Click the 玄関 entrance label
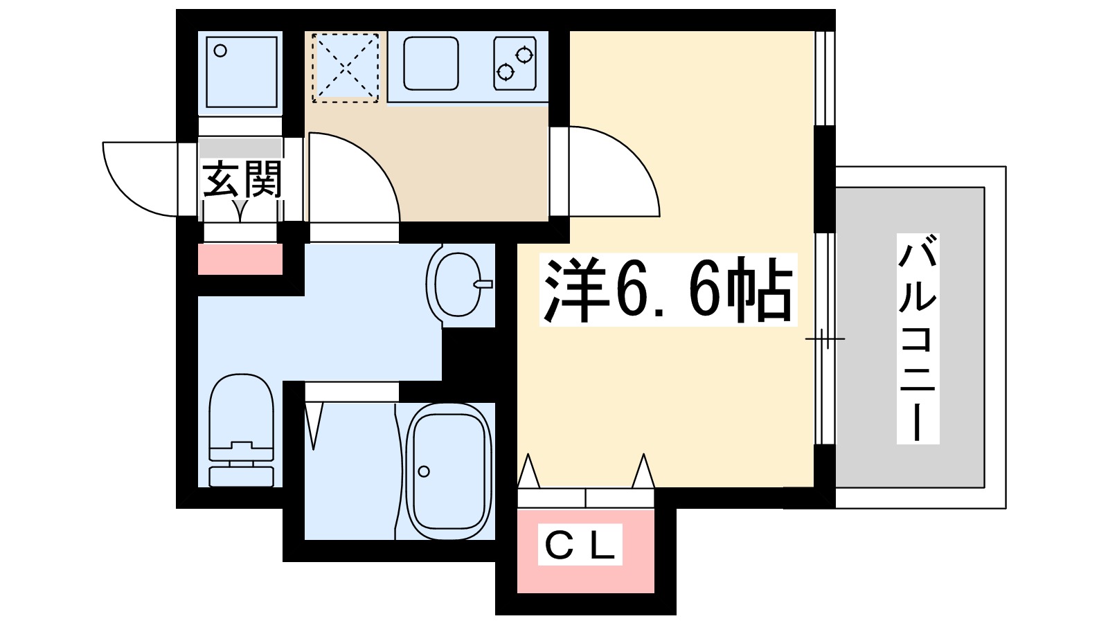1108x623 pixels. pos(242,180)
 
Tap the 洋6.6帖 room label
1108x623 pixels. pos(668,290)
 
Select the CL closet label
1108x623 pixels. pos(580,545)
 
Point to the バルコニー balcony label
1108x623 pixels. pos(918,339)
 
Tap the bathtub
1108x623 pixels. pos(449,471)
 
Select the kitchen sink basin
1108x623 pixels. pos(431,63)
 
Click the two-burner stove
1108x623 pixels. pos(515,63)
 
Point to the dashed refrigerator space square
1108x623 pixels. pos(345,68)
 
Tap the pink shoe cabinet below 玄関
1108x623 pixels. pos(240,260)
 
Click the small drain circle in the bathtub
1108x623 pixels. pos(424,472)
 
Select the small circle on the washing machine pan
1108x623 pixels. pos(220,51)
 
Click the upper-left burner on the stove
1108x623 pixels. pos(524,53)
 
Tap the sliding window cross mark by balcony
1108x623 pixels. pos(824,338)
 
